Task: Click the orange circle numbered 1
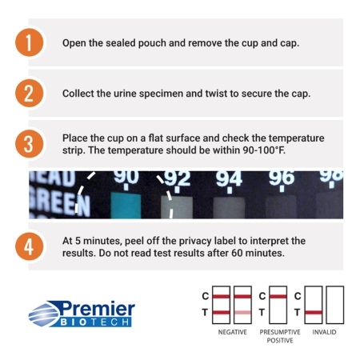[29, 42]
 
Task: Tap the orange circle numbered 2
[29, 94]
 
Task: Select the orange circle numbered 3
[29, 144]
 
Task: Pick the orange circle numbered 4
[29, 246]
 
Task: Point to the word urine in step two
[125, 94]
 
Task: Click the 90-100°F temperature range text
[264, 150]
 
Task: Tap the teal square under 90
[126, 206]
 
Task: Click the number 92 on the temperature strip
[177, 178]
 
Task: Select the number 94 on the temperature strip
[229, 178]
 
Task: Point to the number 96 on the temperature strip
[282, 178]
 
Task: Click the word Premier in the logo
[98, 309]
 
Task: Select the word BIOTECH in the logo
[94, 322]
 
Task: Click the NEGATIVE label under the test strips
[233, 332]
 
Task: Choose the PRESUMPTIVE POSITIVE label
[280, 336]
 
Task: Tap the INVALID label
[324, 332]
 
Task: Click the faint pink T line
[242, 313]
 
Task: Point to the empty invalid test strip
[335, 305]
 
